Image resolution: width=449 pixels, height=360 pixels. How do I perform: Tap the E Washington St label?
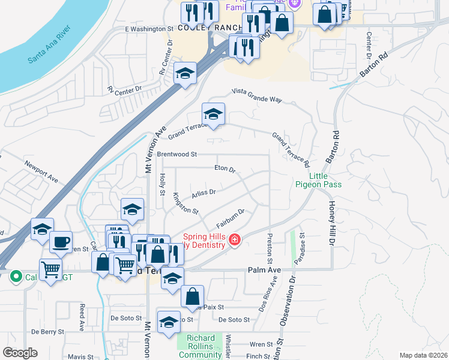click(149, 28)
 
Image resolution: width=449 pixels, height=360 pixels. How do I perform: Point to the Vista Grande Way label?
click(257, 96)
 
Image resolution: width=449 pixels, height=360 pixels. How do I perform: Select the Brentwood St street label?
click(177, 154)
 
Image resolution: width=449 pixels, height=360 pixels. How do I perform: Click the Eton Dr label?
click(225, 169)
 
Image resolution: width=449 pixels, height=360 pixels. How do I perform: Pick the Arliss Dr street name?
click(203, 193)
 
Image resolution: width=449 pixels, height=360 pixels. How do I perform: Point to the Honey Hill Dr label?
click(331, 222)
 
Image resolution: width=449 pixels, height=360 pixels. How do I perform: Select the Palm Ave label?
click(264, 271)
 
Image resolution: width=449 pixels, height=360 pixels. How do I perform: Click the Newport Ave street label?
click(41, 171)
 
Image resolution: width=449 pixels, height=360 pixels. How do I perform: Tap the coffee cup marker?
click(60, 242)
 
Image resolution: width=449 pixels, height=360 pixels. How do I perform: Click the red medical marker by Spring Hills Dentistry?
click(234, 241)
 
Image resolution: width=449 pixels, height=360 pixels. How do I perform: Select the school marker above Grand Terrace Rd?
click(213, 114)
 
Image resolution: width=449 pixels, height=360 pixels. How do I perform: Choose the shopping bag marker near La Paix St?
click(192, 296)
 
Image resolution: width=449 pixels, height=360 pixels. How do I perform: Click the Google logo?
click(20, 353)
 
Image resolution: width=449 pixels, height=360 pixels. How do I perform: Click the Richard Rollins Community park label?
click(200, 346)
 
